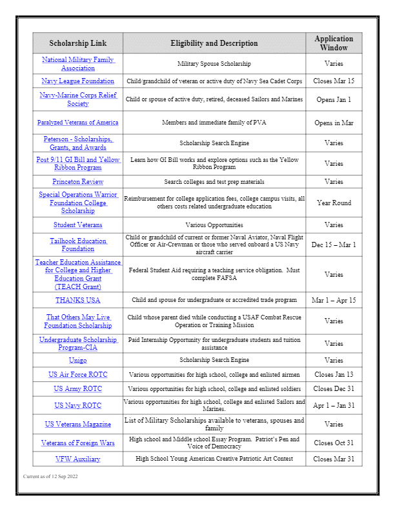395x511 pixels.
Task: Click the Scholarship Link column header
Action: [x=77, y=43]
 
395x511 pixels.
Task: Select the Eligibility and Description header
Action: [x=214, y=43]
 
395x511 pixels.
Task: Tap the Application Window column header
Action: [x=334, y=43]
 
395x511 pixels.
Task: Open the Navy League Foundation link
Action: [x=77, y=81]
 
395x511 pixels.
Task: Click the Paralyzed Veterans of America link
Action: [x=77, y=123]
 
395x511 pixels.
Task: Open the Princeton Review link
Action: [x=77, y=182]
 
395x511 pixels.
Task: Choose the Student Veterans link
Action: [x=77, y=225]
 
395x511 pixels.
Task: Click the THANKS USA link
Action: [x=77, y=301]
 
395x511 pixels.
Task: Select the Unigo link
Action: [x=77, y=361]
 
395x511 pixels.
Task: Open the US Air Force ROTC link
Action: [x=77, y=375]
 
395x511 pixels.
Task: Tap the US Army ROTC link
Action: [x=77, y=390]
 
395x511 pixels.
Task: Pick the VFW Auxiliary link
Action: [x=77, y=459]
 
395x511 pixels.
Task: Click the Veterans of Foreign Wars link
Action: [x=77, y=443]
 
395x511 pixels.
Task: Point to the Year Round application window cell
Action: [x=334, y=203]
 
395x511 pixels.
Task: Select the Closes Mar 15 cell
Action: [x=334, y=81]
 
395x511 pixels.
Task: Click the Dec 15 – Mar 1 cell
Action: [x=334, y=245]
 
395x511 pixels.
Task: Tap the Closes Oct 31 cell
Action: [x=334, y=443]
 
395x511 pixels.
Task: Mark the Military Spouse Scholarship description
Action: [x=214, y=64]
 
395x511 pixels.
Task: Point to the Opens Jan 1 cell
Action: [x=334, y=100]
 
